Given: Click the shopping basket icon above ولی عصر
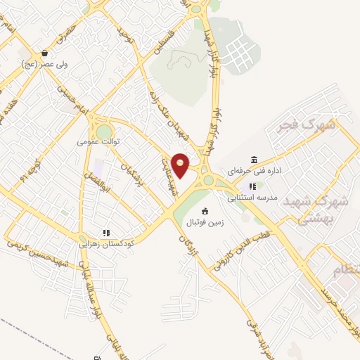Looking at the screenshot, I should coord(45,53).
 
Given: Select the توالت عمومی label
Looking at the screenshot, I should coord(99,141).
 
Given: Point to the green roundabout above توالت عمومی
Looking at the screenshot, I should coord(104,131).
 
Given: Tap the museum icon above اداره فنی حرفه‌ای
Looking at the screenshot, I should coord(254,160).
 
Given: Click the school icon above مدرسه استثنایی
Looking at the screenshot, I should coord(252,186).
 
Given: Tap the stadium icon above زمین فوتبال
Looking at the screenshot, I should coord(205,211).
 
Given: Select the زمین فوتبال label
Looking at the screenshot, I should coord(205,222).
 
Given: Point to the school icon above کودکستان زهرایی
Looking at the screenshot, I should coord(106,233).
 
